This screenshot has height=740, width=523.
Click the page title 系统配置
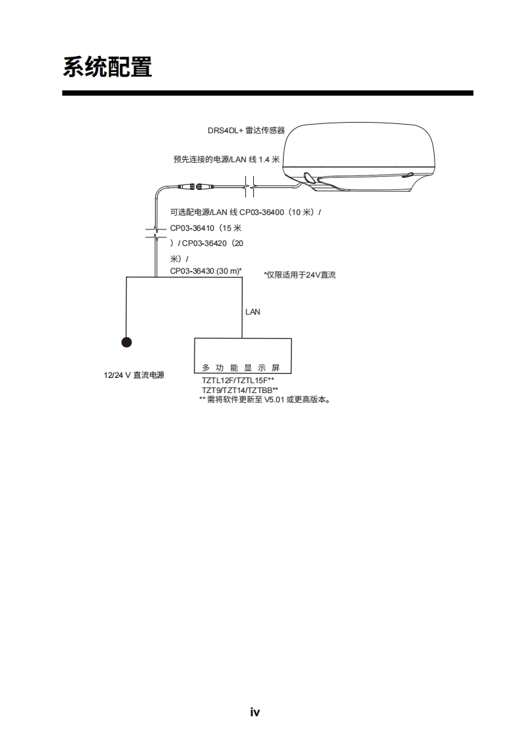click(108, 67)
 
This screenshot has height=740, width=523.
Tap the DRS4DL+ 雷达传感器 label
click(246, 131)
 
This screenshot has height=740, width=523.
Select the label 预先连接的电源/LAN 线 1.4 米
click(226, 159)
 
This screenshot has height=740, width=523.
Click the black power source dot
click(126, 342)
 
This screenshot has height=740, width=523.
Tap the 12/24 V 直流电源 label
click(134, 375)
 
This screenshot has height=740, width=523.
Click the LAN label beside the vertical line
click(253, 312)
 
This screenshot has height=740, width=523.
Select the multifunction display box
click(242, 355)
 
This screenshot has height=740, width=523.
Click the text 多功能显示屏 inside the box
click(241, 368)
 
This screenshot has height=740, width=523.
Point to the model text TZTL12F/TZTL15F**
click(238, 381)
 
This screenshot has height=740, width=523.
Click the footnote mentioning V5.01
click(264, 400)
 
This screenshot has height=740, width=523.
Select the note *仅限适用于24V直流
click(299, 275)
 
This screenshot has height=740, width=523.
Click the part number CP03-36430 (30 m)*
click(206, 271)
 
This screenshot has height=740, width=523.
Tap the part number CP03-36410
click(193, 228)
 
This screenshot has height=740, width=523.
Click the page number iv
click(255, 712)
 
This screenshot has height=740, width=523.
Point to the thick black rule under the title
click(267, 93)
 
